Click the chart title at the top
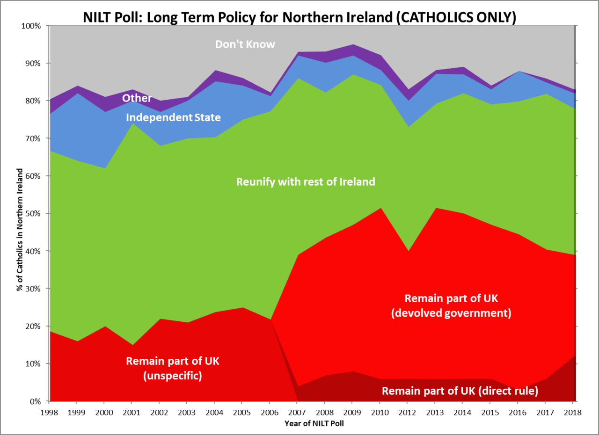coord(299,17)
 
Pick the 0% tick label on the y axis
coord(36,401)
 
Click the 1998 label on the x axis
coord(49,412)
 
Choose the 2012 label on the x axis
coord(407,412)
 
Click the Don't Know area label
coord(245,44)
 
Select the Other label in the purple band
coord(137,98)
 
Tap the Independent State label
coord(173,117)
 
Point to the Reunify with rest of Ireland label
coord(306,181)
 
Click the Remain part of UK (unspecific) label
coord(172,368)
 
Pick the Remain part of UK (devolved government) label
coord(451,305)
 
